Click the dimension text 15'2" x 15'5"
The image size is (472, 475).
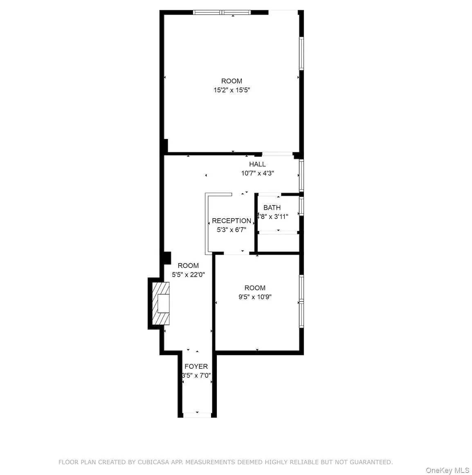click(x=232, y=90)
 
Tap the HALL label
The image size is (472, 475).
click(x=257, y=164)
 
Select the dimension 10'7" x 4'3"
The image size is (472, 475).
click(x=257, y=173)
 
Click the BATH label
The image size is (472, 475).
click(x=272, y=208)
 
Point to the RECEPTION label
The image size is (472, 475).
click(x=232, y=221)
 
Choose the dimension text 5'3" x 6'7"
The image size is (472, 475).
click(x=232, y=230)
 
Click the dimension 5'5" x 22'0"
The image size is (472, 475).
click(x=188, y=275)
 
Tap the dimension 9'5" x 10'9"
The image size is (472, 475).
click(x=255, y=297)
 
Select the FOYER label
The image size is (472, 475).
click(x=196, y=366)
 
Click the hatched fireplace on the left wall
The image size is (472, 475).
click(x=160, y=303)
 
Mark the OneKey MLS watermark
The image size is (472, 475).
click(x=447, y=471)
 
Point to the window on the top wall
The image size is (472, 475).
click(x=222, y=12)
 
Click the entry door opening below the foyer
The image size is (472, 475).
click(x=197, y=415)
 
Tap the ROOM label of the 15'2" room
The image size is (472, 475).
click(x=232, y=81)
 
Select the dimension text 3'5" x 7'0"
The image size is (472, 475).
click(x=196, y=375)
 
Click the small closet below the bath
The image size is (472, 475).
click(x=278, y=243)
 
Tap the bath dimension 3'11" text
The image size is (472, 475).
click(x=281, y=217)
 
